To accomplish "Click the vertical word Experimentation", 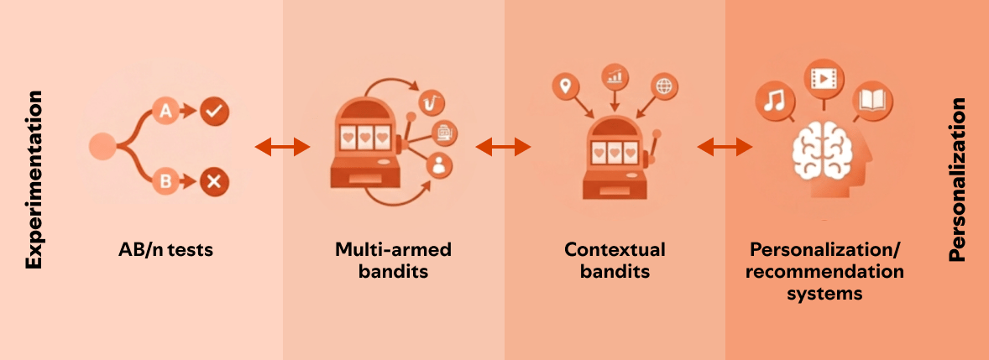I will click(x=34, y=181).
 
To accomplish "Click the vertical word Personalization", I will click(x=958, y=180).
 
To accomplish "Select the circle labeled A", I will click(x=166, y=111).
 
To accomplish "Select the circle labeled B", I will click(x=166, y=180).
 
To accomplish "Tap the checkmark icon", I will click(x=215, y=111).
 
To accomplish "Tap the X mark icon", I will click(x=214, y=180).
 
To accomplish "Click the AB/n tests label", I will click(x=166, y=250).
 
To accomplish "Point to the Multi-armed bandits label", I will click(x=393, y=260).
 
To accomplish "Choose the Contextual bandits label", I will click(x=615, y=260).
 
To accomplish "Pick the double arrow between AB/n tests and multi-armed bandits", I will click(x=283, y=148).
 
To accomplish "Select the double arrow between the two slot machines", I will click(x=504, y=148).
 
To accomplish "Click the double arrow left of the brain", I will click(x=725, y=148).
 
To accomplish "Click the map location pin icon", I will click(x=566, y=86).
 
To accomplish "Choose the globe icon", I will click(x=664, y=86).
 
